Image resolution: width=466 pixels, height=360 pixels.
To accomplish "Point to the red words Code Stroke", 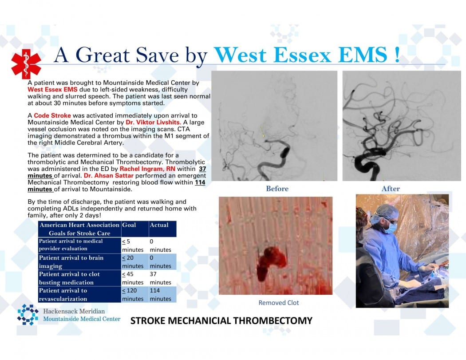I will tap(49, 115).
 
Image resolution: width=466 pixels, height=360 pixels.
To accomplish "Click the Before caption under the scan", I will tap(277, 189).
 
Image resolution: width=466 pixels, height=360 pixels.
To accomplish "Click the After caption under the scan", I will tap(391, 189).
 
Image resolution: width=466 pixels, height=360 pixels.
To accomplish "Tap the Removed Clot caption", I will tap(279, 303).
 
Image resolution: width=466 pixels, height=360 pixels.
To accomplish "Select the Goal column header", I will tap(129, 225).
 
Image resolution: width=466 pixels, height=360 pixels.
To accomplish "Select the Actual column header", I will tap(159, 225).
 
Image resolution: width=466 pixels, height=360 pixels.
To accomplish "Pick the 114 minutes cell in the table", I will tap(160, 294).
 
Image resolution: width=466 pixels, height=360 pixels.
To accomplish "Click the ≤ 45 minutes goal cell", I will tap(133, 278).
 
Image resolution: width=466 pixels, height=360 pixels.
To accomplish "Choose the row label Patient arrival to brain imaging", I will tap(71, 261).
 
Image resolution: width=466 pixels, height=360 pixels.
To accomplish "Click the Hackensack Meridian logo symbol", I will tap(28, 314).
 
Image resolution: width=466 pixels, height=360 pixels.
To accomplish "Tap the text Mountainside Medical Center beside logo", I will tap(82, 319).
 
